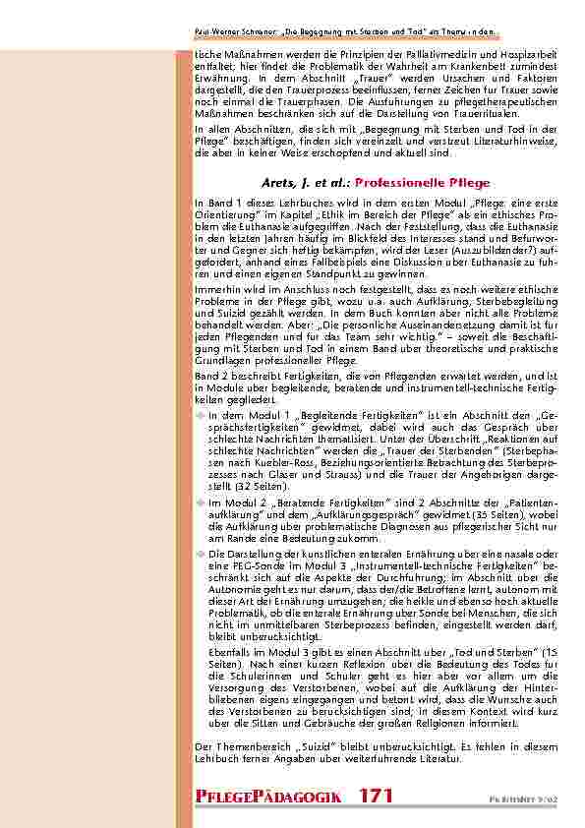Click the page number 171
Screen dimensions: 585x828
pos(378,796)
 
